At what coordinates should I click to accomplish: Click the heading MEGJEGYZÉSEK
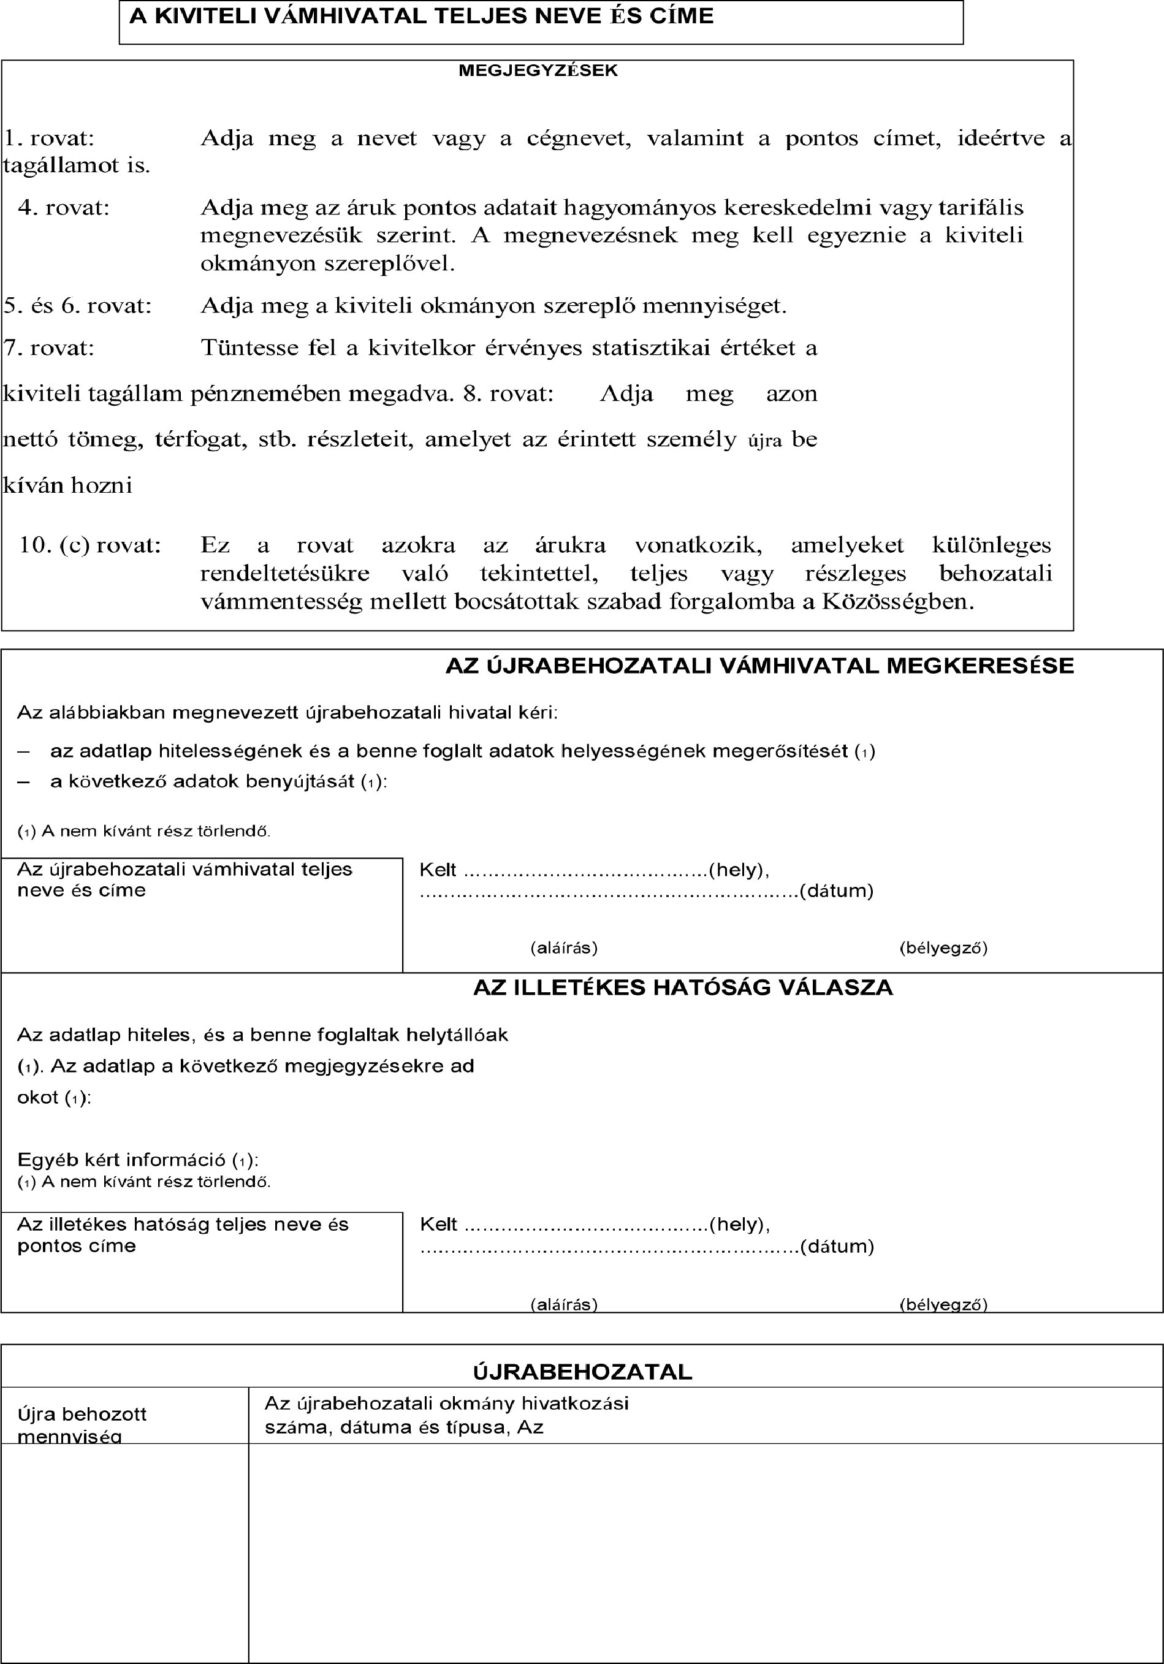538,71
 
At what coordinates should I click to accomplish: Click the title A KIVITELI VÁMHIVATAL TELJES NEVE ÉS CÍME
421,17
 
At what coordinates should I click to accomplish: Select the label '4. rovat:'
64,208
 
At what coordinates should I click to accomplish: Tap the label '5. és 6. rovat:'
78,306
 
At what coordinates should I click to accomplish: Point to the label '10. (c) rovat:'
90,544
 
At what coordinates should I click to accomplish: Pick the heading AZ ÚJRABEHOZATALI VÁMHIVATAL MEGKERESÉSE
759,666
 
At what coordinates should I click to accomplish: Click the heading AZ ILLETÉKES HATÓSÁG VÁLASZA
683,988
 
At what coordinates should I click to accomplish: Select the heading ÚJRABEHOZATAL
583,1371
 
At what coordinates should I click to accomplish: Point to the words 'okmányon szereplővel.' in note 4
327,264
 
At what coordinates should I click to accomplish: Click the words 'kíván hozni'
68,485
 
